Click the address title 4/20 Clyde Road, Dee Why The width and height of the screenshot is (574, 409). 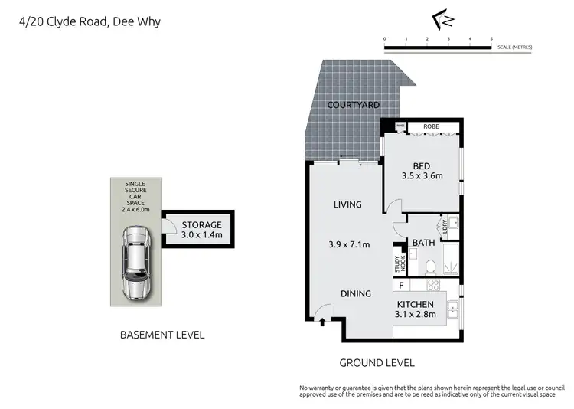tap(90, 21)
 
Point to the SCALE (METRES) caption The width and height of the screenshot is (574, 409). tap(514, 47)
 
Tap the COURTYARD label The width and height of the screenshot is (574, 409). tap(353, 105)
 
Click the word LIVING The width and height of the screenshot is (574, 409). tap(347, 204)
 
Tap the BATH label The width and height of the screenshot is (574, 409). tap(423, 243)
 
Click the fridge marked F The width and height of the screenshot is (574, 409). tap(400, 286)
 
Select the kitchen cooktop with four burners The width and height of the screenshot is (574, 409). tap(433, 285)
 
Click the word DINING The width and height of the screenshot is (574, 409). tap(356, 293)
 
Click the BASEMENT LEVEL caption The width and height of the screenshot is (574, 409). tap(162, 335)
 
